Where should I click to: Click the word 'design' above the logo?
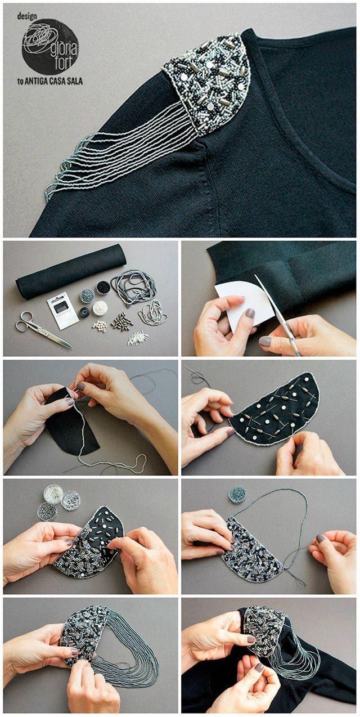coord(27,16)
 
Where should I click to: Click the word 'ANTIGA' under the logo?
coord(36,81)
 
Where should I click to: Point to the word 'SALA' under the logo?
coord(75,81)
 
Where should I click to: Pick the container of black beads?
coord(103,287)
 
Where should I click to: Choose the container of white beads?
coord(100,308)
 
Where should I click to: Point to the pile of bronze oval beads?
coord(122,320)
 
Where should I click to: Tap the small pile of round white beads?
coord(100,326)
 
